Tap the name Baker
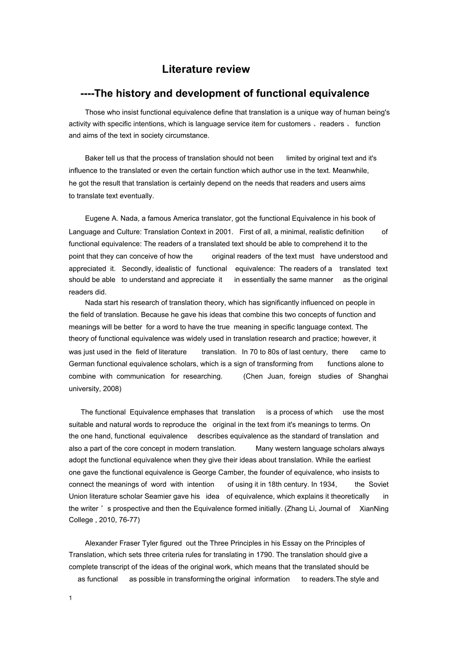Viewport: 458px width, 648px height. point(95,158)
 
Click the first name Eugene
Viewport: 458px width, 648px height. point(97,218)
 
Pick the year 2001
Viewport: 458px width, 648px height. point(225,232)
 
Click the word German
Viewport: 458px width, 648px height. point(82,364)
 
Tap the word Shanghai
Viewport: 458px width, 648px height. point(373,376)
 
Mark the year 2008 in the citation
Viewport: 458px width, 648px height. point(112,389)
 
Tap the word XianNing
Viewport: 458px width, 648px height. point(374,509)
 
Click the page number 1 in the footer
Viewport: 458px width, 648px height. point(71,598)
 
